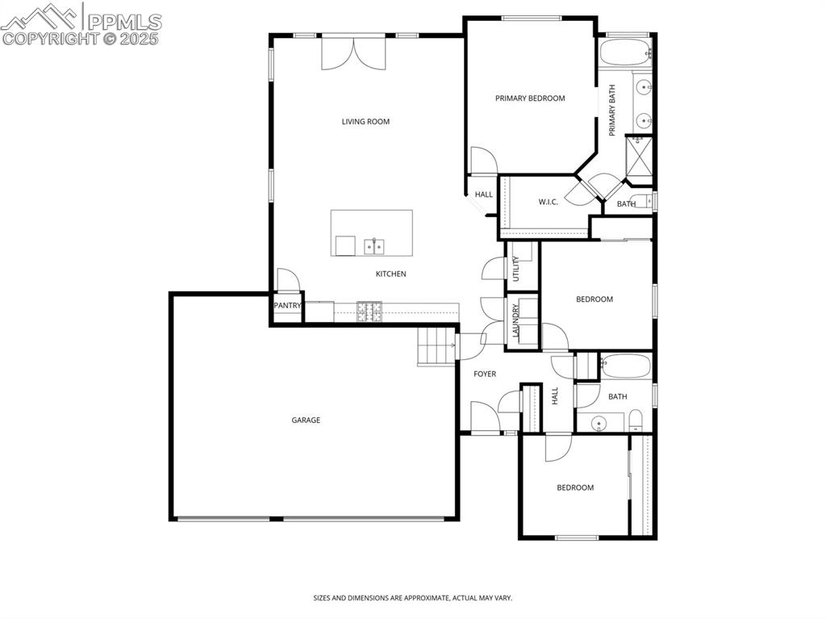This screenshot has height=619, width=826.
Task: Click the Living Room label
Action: click(x=365, y=122)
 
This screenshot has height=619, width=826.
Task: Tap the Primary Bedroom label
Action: click(x=530, y=98)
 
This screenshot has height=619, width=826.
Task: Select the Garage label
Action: click(x=306, y=420)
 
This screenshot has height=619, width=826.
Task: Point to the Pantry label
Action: click(x=287, y=306)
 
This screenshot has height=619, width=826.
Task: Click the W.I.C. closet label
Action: click(x=549, y=202)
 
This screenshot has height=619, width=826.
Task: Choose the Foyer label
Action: click(x=485, y=374)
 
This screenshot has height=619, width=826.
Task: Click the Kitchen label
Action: click(x=390, y=274)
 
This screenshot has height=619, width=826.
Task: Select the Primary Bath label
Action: click(x=612, y=111)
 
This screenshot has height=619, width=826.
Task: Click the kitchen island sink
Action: click(x=373, y=245)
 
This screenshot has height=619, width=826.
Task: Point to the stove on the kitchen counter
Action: click(x=370, y=311)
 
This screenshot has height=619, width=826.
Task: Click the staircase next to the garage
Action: click(x=436, y=346)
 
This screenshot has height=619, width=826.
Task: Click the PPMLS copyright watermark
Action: click(x=81, y=24)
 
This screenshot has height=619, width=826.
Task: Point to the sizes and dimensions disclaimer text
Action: click(x=412, y=598)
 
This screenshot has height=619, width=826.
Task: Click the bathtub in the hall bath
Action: click(x=625, y=366)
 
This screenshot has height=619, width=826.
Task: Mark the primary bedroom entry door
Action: click(x=482, y=160)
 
